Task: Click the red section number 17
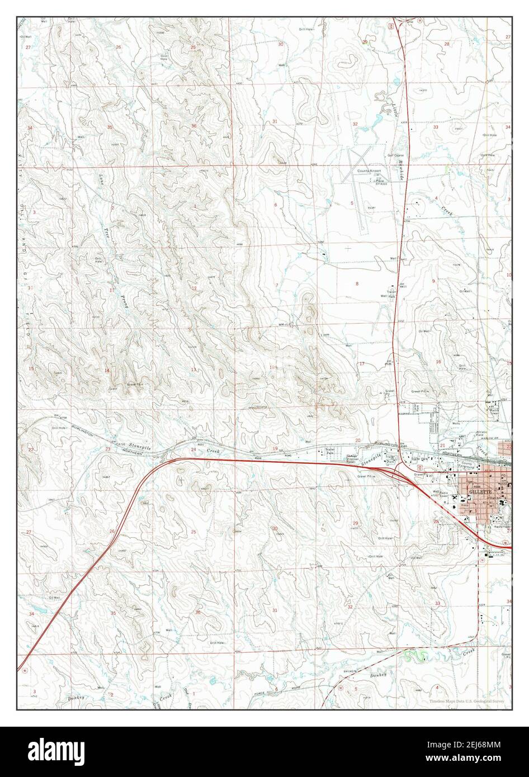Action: point(361,364)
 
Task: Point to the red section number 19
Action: point(275,448)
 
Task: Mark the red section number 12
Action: point(194,288)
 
